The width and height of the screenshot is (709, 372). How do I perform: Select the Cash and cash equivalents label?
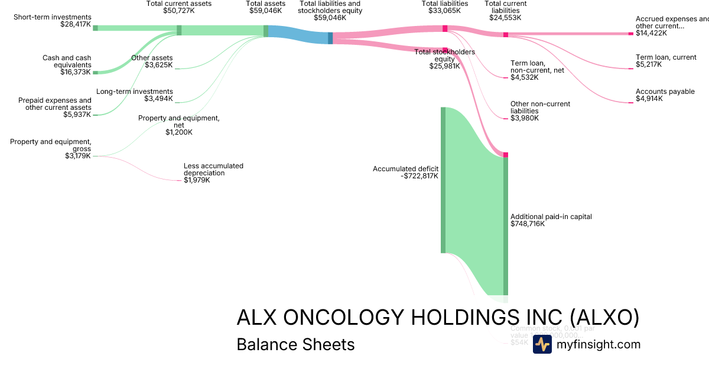pyautogui.click(x=67, y=65)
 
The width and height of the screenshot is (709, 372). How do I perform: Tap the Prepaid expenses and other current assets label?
pyautogui.click(x=55, y=107)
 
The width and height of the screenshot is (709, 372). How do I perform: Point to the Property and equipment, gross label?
pyautogui.click(x=51, y=149)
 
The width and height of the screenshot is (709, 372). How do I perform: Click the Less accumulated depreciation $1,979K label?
pyautogui.click(x=213, y=173)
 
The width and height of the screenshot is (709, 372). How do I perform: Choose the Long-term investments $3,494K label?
pyautogui.click(x=135, y=95)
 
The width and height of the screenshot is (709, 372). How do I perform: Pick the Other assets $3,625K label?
pyautogui.click(x=152, y=61)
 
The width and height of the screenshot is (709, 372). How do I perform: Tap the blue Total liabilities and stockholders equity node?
pyautogui.click(x=330, y=38)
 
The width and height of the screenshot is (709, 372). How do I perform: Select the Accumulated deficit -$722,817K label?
pyautogui.click(x=405, y=172)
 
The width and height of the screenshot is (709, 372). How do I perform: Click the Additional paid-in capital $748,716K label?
pyautogui.click(x=551, y=220)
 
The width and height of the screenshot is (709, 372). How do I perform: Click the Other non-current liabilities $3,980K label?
pyautogui.click(x=540, y=111)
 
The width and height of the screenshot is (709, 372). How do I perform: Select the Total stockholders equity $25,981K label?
pyautogui.click(x=444, y=59)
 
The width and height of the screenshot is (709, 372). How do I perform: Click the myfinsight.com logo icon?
pyautogui.click(x=542, y=344)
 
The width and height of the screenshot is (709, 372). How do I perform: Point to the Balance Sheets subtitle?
pyautogui.click(x=295, y=344)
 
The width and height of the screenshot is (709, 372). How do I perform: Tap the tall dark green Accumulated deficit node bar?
pyautogui.click(x=443, y=180)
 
